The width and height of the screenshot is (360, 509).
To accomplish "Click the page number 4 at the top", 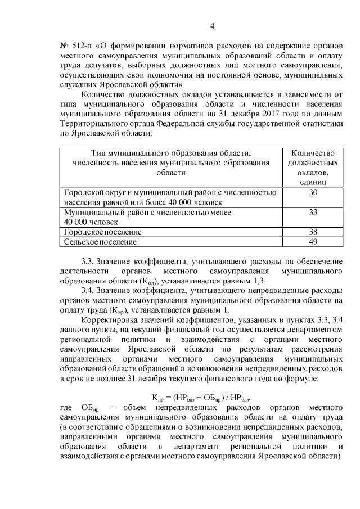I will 212,25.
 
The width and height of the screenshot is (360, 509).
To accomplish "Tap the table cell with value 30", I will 313,193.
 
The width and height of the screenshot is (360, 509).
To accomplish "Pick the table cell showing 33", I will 313,212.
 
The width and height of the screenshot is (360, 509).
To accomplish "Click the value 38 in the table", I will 313,232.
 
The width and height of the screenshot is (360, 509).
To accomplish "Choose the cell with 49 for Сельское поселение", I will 313,242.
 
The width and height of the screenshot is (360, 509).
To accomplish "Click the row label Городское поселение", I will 102,232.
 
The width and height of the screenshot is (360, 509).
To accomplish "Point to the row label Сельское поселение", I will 100,242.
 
